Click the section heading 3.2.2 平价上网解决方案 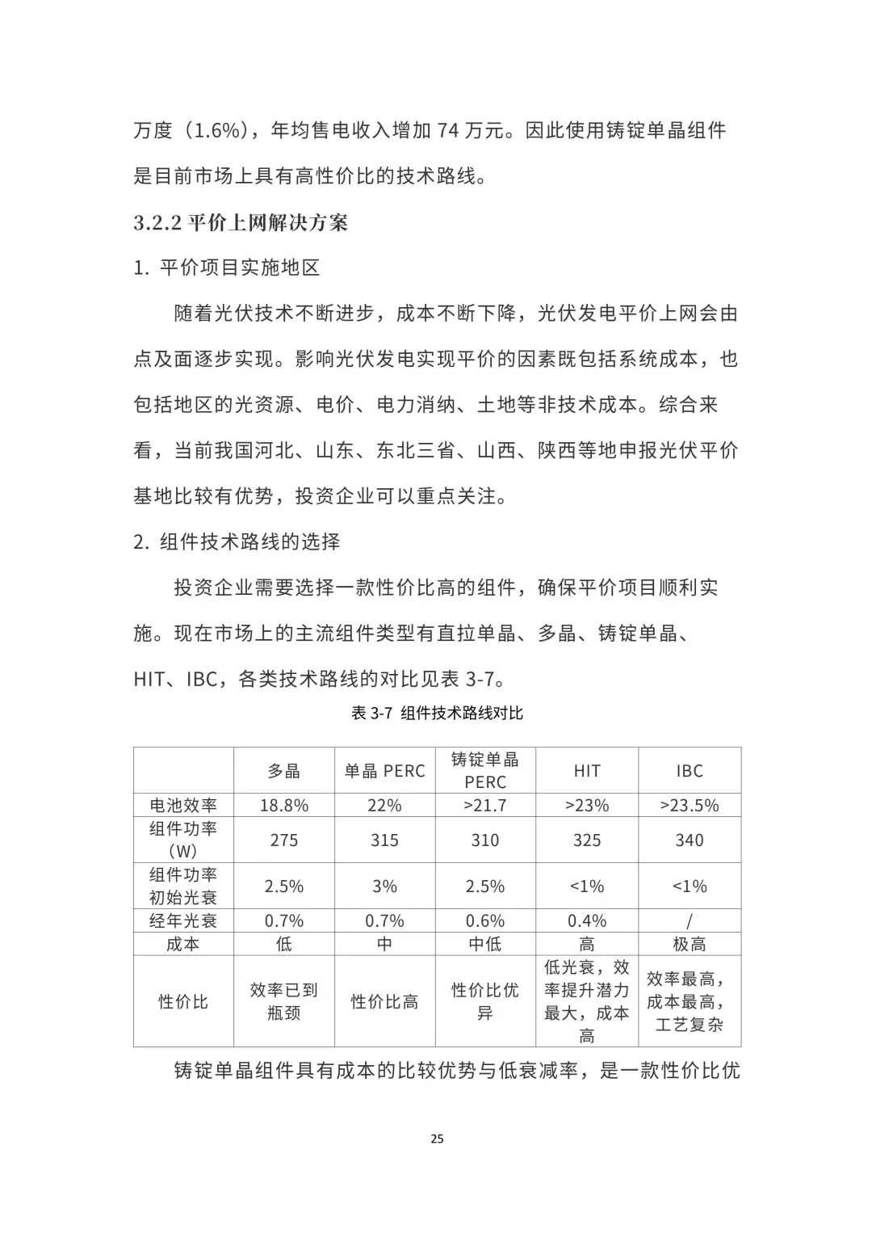[241, 222]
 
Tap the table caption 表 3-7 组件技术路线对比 [437, 713]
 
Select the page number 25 [437, 1139]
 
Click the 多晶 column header [284, 771]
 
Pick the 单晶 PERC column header [384, 771]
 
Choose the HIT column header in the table [587, 771]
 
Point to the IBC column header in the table [690, 771]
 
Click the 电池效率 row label [183, 805]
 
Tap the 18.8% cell [284, 805]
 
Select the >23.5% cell [690, 805]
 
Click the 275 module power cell [284, 840]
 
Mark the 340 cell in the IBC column [690, 840]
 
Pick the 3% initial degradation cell [384, 887]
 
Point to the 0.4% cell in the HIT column [587, 921]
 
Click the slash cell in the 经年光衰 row [690, 921]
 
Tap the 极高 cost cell [690, 944]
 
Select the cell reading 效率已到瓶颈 [284, 1001]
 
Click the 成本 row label [183, 944]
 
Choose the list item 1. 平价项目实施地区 [227, 267]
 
